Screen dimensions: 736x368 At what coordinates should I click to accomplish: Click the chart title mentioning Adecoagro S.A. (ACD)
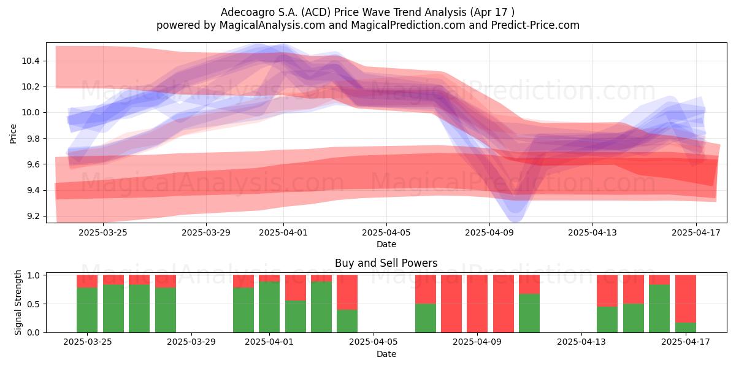367,12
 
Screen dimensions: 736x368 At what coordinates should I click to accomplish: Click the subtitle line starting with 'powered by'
367,25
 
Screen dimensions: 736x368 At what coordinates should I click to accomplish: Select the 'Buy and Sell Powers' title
386,263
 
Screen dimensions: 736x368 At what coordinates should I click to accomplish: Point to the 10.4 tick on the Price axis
31,61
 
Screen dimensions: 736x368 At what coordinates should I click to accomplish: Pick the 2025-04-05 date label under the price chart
386,232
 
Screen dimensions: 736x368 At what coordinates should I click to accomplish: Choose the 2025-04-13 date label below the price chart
592,232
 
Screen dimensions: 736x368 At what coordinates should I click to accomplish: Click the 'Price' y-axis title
13,134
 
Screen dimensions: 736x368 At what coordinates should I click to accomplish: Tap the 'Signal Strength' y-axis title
18,302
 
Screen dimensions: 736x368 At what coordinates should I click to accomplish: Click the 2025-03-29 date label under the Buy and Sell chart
191,342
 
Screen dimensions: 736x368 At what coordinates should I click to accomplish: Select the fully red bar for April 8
451,304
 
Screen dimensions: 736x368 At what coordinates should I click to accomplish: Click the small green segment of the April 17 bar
686,328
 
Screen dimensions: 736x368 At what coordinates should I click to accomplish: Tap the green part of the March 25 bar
87,310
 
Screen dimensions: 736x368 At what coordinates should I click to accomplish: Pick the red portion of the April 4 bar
347,293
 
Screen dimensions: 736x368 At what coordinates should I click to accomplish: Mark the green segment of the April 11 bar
529,313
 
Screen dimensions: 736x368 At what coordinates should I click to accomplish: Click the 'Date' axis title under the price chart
386,245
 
